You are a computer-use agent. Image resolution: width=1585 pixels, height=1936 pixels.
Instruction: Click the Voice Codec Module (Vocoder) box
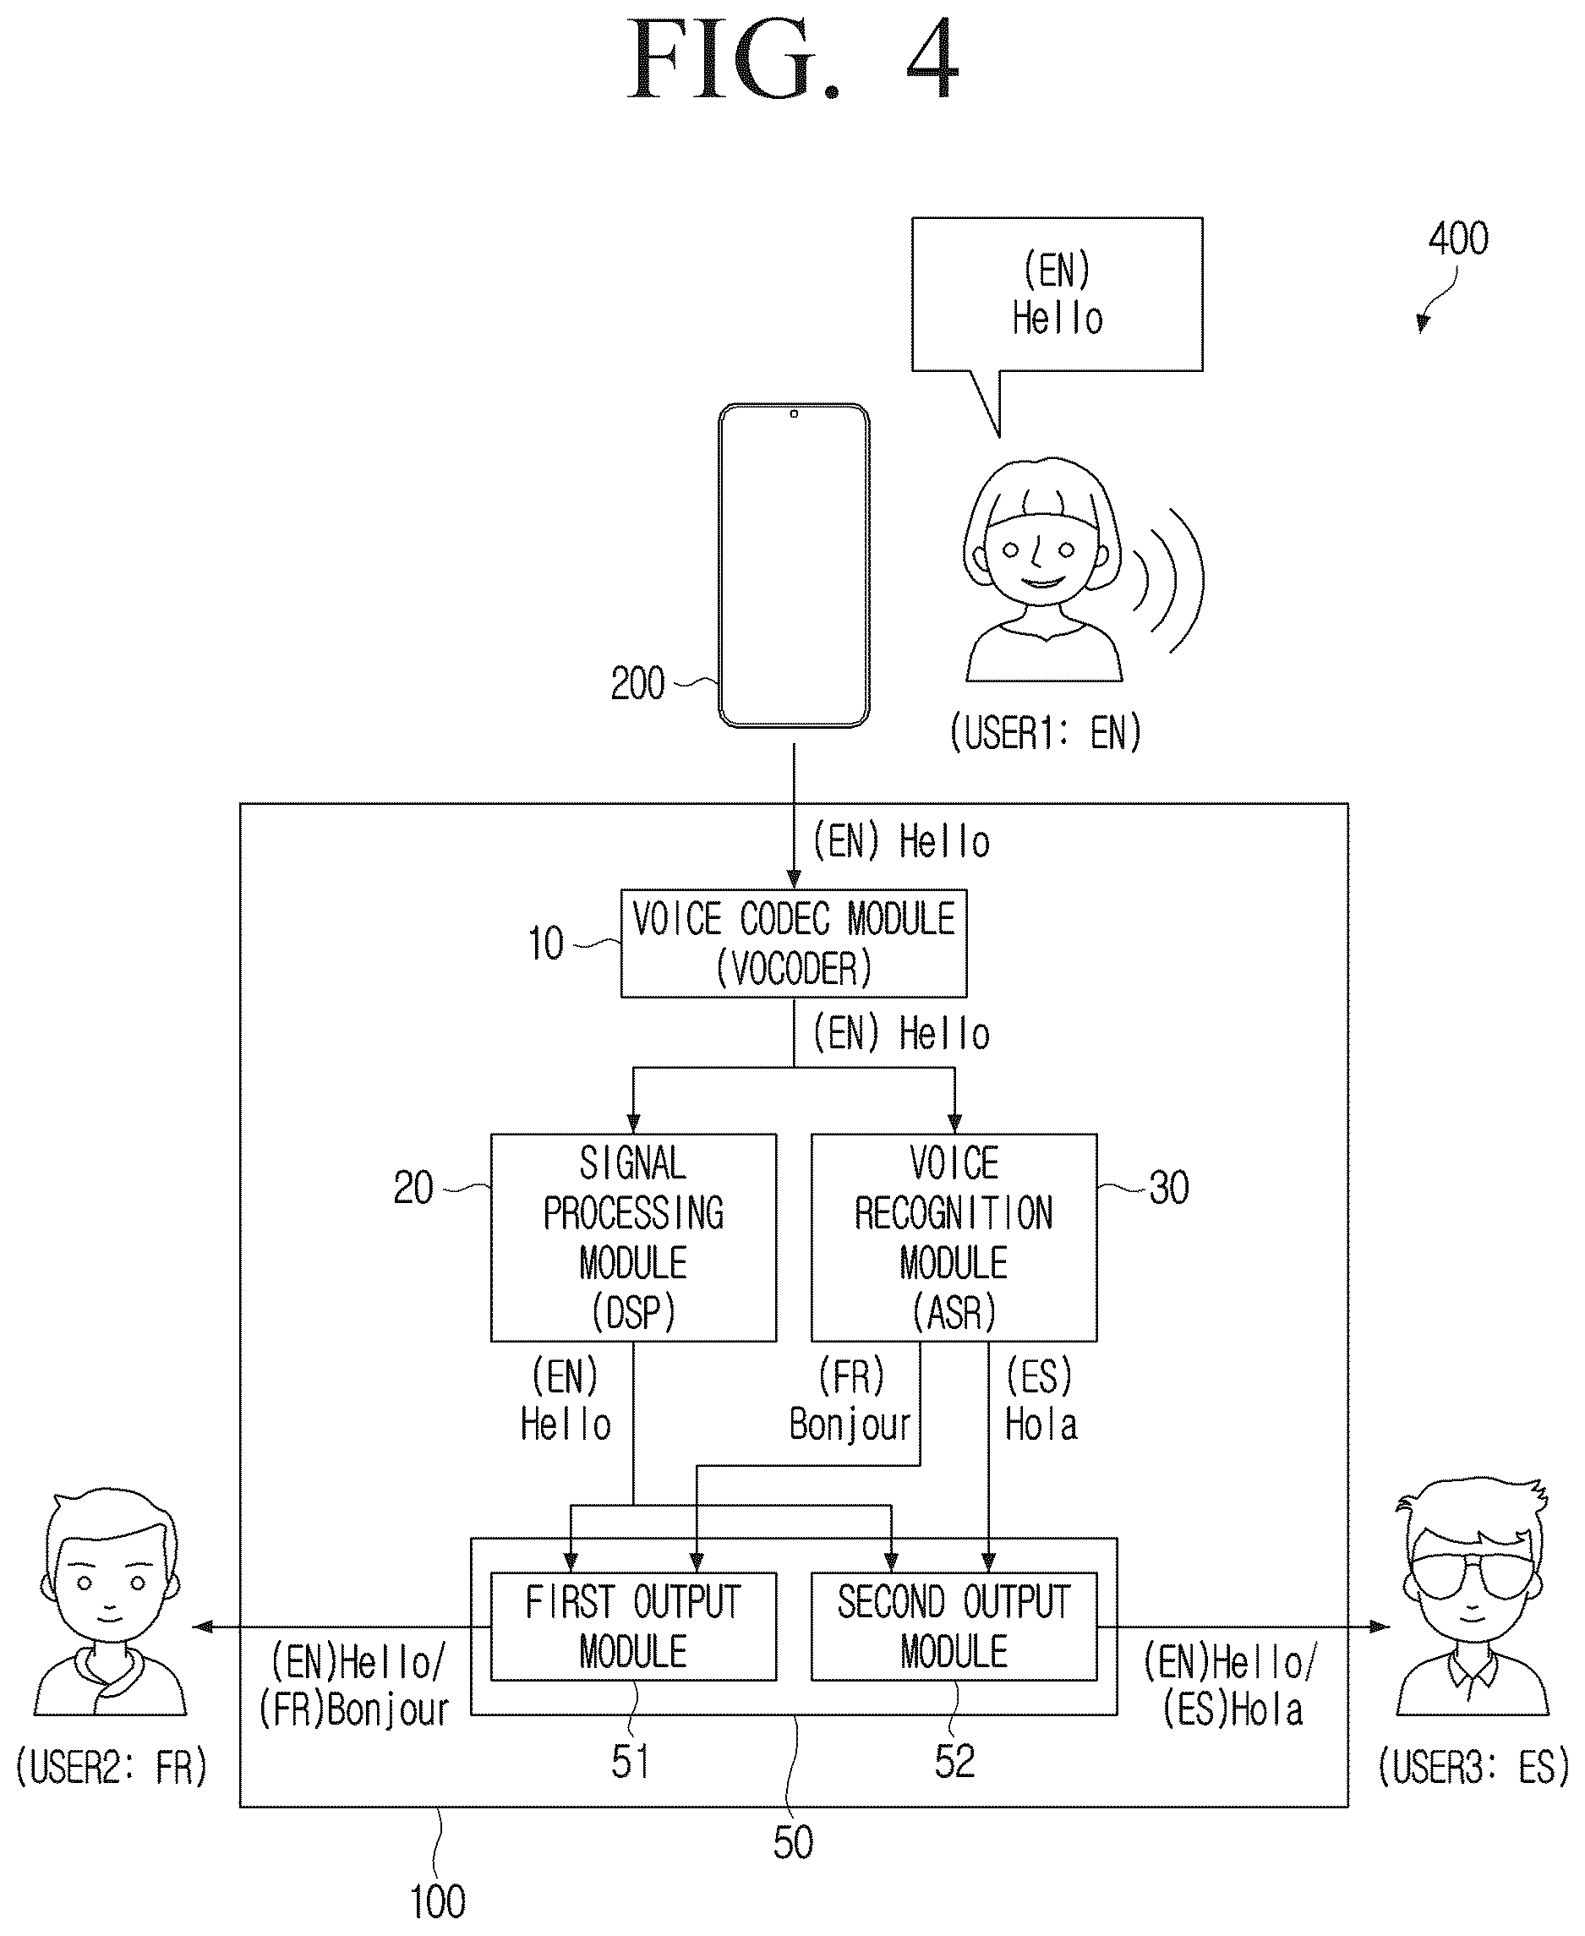pyautogui.click(x=794, y=943)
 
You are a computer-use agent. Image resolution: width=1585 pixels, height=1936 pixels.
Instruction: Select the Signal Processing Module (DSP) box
pyautogui.click(x=634, y=1238)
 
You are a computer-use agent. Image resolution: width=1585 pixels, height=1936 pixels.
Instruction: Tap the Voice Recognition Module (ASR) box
pyautogui.click(x=954, y=1238)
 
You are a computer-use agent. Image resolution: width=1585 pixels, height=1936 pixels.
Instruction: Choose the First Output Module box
pyautogui.click(x=634, y=1627)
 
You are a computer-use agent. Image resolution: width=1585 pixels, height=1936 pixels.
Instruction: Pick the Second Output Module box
pyautogui.click(x=954, y=1627)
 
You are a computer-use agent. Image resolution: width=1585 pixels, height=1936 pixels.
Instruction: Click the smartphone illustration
pyautogui.click(x=794, y=566)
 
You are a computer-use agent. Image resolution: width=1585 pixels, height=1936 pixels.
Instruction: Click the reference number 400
pyautogui.click(x=1458, y=238)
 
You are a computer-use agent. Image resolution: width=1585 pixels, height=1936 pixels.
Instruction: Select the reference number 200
pyautogui.click(x=637, y=683)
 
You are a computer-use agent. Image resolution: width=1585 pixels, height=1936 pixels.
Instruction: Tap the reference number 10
pyautogui.click(x=546, y=943)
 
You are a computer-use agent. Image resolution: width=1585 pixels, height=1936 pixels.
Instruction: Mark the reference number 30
pyautogui.click(x=1168, y=1188)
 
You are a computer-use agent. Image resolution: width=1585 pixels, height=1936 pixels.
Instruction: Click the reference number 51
pyautogui.click(x=631, y=1761)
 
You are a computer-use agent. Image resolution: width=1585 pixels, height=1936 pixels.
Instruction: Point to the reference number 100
pyautogui.click(x=437, y=1902)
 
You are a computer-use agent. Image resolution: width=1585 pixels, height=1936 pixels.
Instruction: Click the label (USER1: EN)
pyautogui.click(x=1046, y=732)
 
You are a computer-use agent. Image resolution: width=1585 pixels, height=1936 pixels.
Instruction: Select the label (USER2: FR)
pyautogui.click(x=112, y=1767)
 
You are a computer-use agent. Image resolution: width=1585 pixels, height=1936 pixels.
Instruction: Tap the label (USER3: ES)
pyautogui.click(x=1473, y=1766)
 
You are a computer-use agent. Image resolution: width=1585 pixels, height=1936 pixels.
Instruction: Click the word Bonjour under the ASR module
pyautogui.click(x=850, y=1425)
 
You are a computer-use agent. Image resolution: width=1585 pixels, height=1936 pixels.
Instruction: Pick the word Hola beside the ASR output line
pyautogui.click(x=1041, y=1425)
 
